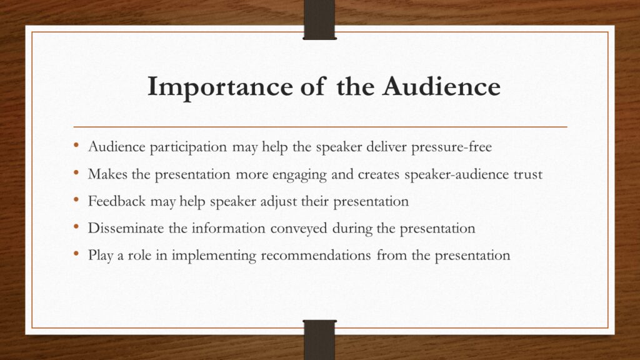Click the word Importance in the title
(220, 87)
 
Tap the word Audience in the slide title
(441, 86)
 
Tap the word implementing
(214, 256)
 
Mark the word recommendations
(316, 255)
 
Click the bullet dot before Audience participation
(76, 145)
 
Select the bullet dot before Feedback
(76, 200)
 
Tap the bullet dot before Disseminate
(76, 227)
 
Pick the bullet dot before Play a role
(76, 254)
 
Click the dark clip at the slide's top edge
(319, 19)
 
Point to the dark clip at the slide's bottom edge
(319, 340)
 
